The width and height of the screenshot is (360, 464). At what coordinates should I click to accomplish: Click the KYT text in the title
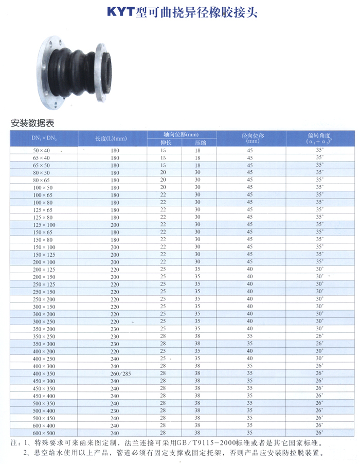tap(121, 12)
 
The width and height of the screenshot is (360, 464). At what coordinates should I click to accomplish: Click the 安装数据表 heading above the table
tap(32, 123)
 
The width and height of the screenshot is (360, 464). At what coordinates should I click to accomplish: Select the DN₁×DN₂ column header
tap(44, 138)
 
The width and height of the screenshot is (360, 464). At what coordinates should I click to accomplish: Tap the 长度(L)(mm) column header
tap(111, 138)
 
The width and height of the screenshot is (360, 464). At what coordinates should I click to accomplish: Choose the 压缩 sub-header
tap(200, 142)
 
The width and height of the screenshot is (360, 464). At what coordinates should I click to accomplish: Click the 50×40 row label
tap(42, 151)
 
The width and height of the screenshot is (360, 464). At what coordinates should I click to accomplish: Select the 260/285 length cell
tap(121, 374)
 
